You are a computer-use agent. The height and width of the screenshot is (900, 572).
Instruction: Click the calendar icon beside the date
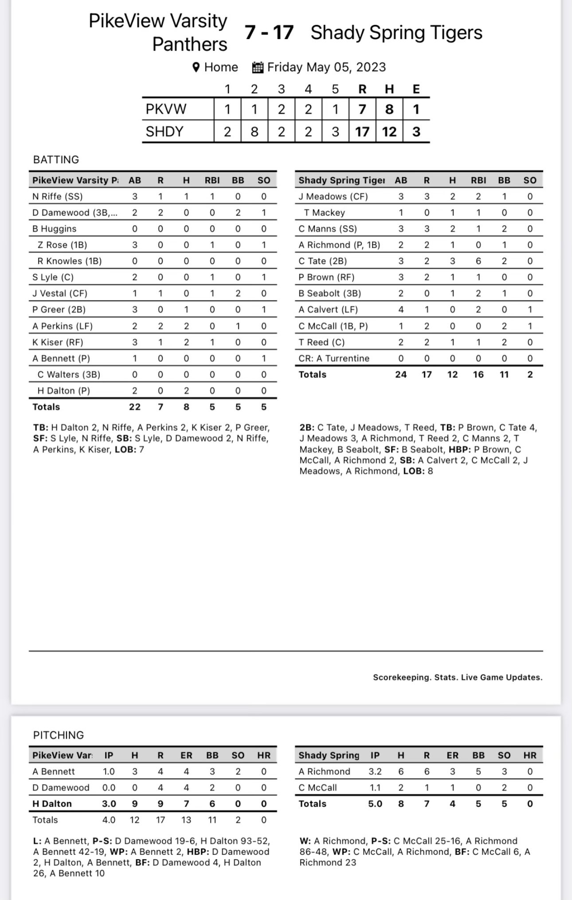(258, 67)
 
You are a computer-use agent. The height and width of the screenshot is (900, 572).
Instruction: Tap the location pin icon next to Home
(196, 67)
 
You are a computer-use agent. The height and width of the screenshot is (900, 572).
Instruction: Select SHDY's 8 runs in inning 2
(254, 132)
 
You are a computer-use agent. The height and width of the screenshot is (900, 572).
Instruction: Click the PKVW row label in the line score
(166, 109)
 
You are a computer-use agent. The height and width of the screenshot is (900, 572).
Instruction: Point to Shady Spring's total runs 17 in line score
(362, 132)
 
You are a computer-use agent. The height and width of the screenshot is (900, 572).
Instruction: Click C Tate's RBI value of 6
(478, 261)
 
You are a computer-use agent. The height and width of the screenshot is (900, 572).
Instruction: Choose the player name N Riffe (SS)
(58, 197)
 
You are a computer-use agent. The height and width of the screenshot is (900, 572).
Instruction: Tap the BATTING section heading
(56, 160)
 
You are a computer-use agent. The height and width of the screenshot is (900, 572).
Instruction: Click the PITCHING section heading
(58, 735)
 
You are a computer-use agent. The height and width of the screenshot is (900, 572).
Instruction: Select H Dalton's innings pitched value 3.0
(109, 803)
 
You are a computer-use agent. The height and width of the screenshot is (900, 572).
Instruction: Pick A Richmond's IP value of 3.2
(375, 771)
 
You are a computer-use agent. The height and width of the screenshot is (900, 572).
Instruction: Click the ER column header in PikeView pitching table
(186, 755)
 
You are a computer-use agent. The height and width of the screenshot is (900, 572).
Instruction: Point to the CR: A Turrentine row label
(334, 358)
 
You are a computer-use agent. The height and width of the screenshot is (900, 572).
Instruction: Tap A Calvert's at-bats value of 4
(401, 310)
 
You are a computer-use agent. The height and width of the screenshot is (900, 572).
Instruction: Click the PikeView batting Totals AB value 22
(134, 407)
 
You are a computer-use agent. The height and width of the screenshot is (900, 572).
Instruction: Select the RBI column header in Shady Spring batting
(478, 180)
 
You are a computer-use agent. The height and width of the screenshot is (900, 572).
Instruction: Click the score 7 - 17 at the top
(269, 32)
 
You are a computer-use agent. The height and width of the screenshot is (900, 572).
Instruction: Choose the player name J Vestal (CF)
(60, 293)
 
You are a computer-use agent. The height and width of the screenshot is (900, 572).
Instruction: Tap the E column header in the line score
(416, 89)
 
